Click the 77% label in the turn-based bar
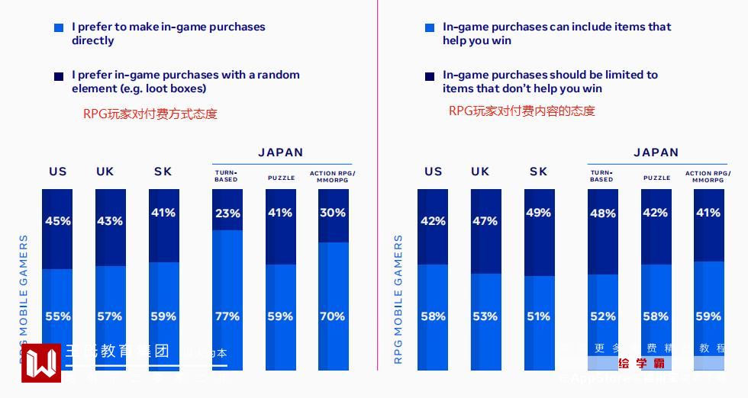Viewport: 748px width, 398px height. pos(227,316)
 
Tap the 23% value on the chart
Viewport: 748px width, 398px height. pos(227,213)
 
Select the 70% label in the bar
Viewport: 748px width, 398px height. pos(332,316)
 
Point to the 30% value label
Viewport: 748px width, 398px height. pos(332,213)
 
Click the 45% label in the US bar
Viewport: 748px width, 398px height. pos(58,221)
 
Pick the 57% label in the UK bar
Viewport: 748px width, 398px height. pos(110,316)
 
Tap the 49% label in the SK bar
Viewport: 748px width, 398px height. pos(539,213)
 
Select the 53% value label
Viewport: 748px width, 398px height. pos(485,316)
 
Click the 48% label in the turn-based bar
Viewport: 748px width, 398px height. pos(603,213)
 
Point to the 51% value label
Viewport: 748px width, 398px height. pos(539,316)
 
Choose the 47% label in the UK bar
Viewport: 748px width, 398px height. pos(485,221)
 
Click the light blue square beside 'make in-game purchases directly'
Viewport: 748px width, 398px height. pos(59,27)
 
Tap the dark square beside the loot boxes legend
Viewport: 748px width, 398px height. pos(59,76)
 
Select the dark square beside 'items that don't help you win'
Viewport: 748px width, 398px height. pos(430,76)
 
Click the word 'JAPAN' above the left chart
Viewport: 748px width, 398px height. pos(280,152)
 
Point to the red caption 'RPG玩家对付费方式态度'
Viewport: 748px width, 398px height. pos(150,114)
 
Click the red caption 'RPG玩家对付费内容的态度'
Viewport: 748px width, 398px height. pos(522,111)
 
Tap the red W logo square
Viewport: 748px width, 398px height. pos(40,363)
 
